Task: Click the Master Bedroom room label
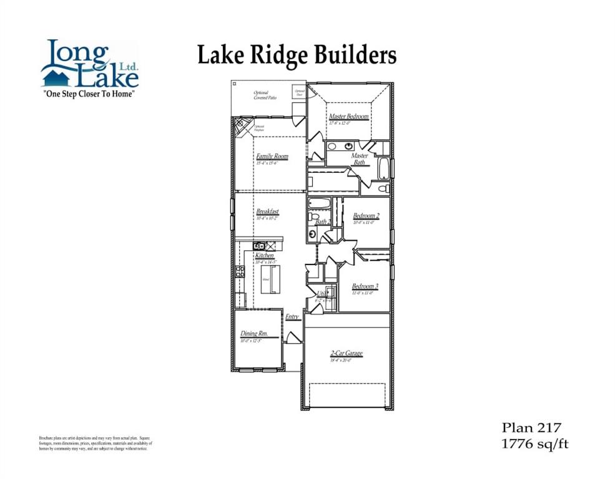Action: tap(348, 117)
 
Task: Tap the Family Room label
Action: tap(272, 157)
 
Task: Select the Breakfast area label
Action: tap(267, 212)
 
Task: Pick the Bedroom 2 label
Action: tap(367, 216)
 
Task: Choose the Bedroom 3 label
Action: tap(365, 287)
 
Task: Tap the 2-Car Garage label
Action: tap(347, 354)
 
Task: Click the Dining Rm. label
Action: tap(254, 334)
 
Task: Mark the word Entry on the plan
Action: tap(292, 317)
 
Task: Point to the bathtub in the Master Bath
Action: tap(383, 168)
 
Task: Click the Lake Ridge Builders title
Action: tap(297, 55)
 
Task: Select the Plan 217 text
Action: tap(532, 427)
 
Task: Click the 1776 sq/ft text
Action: tap(535, 444)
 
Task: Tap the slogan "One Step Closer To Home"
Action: tap(89, 94)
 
